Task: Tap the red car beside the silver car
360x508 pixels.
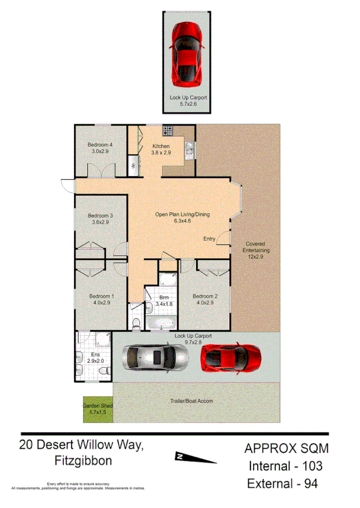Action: pyautogui.click(x=230, y=359)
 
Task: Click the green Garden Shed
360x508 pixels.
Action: pyautogui.click(x=97, y=409)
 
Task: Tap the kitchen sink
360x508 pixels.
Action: pyautogui.click(x=189, y=150)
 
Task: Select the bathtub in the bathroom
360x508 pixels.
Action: pyautogui.click(x=160, y=324)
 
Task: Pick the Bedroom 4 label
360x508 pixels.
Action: pyautogui.click(x=100, y=145)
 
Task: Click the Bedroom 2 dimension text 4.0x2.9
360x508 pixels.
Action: pyautogui.click(x=205, y=303)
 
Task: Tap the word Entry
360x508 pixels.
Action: pyautogui.click(x=209, y=239)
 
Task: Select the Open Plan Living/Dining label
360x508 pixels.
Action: pyautogui.click(x=182, y=215)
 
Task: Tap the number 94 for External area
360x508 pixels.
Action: pyautogui.click(x=307, y=483)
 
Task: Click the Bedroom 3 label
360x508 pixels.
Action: pyautogui.click(x=100, y=216)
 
